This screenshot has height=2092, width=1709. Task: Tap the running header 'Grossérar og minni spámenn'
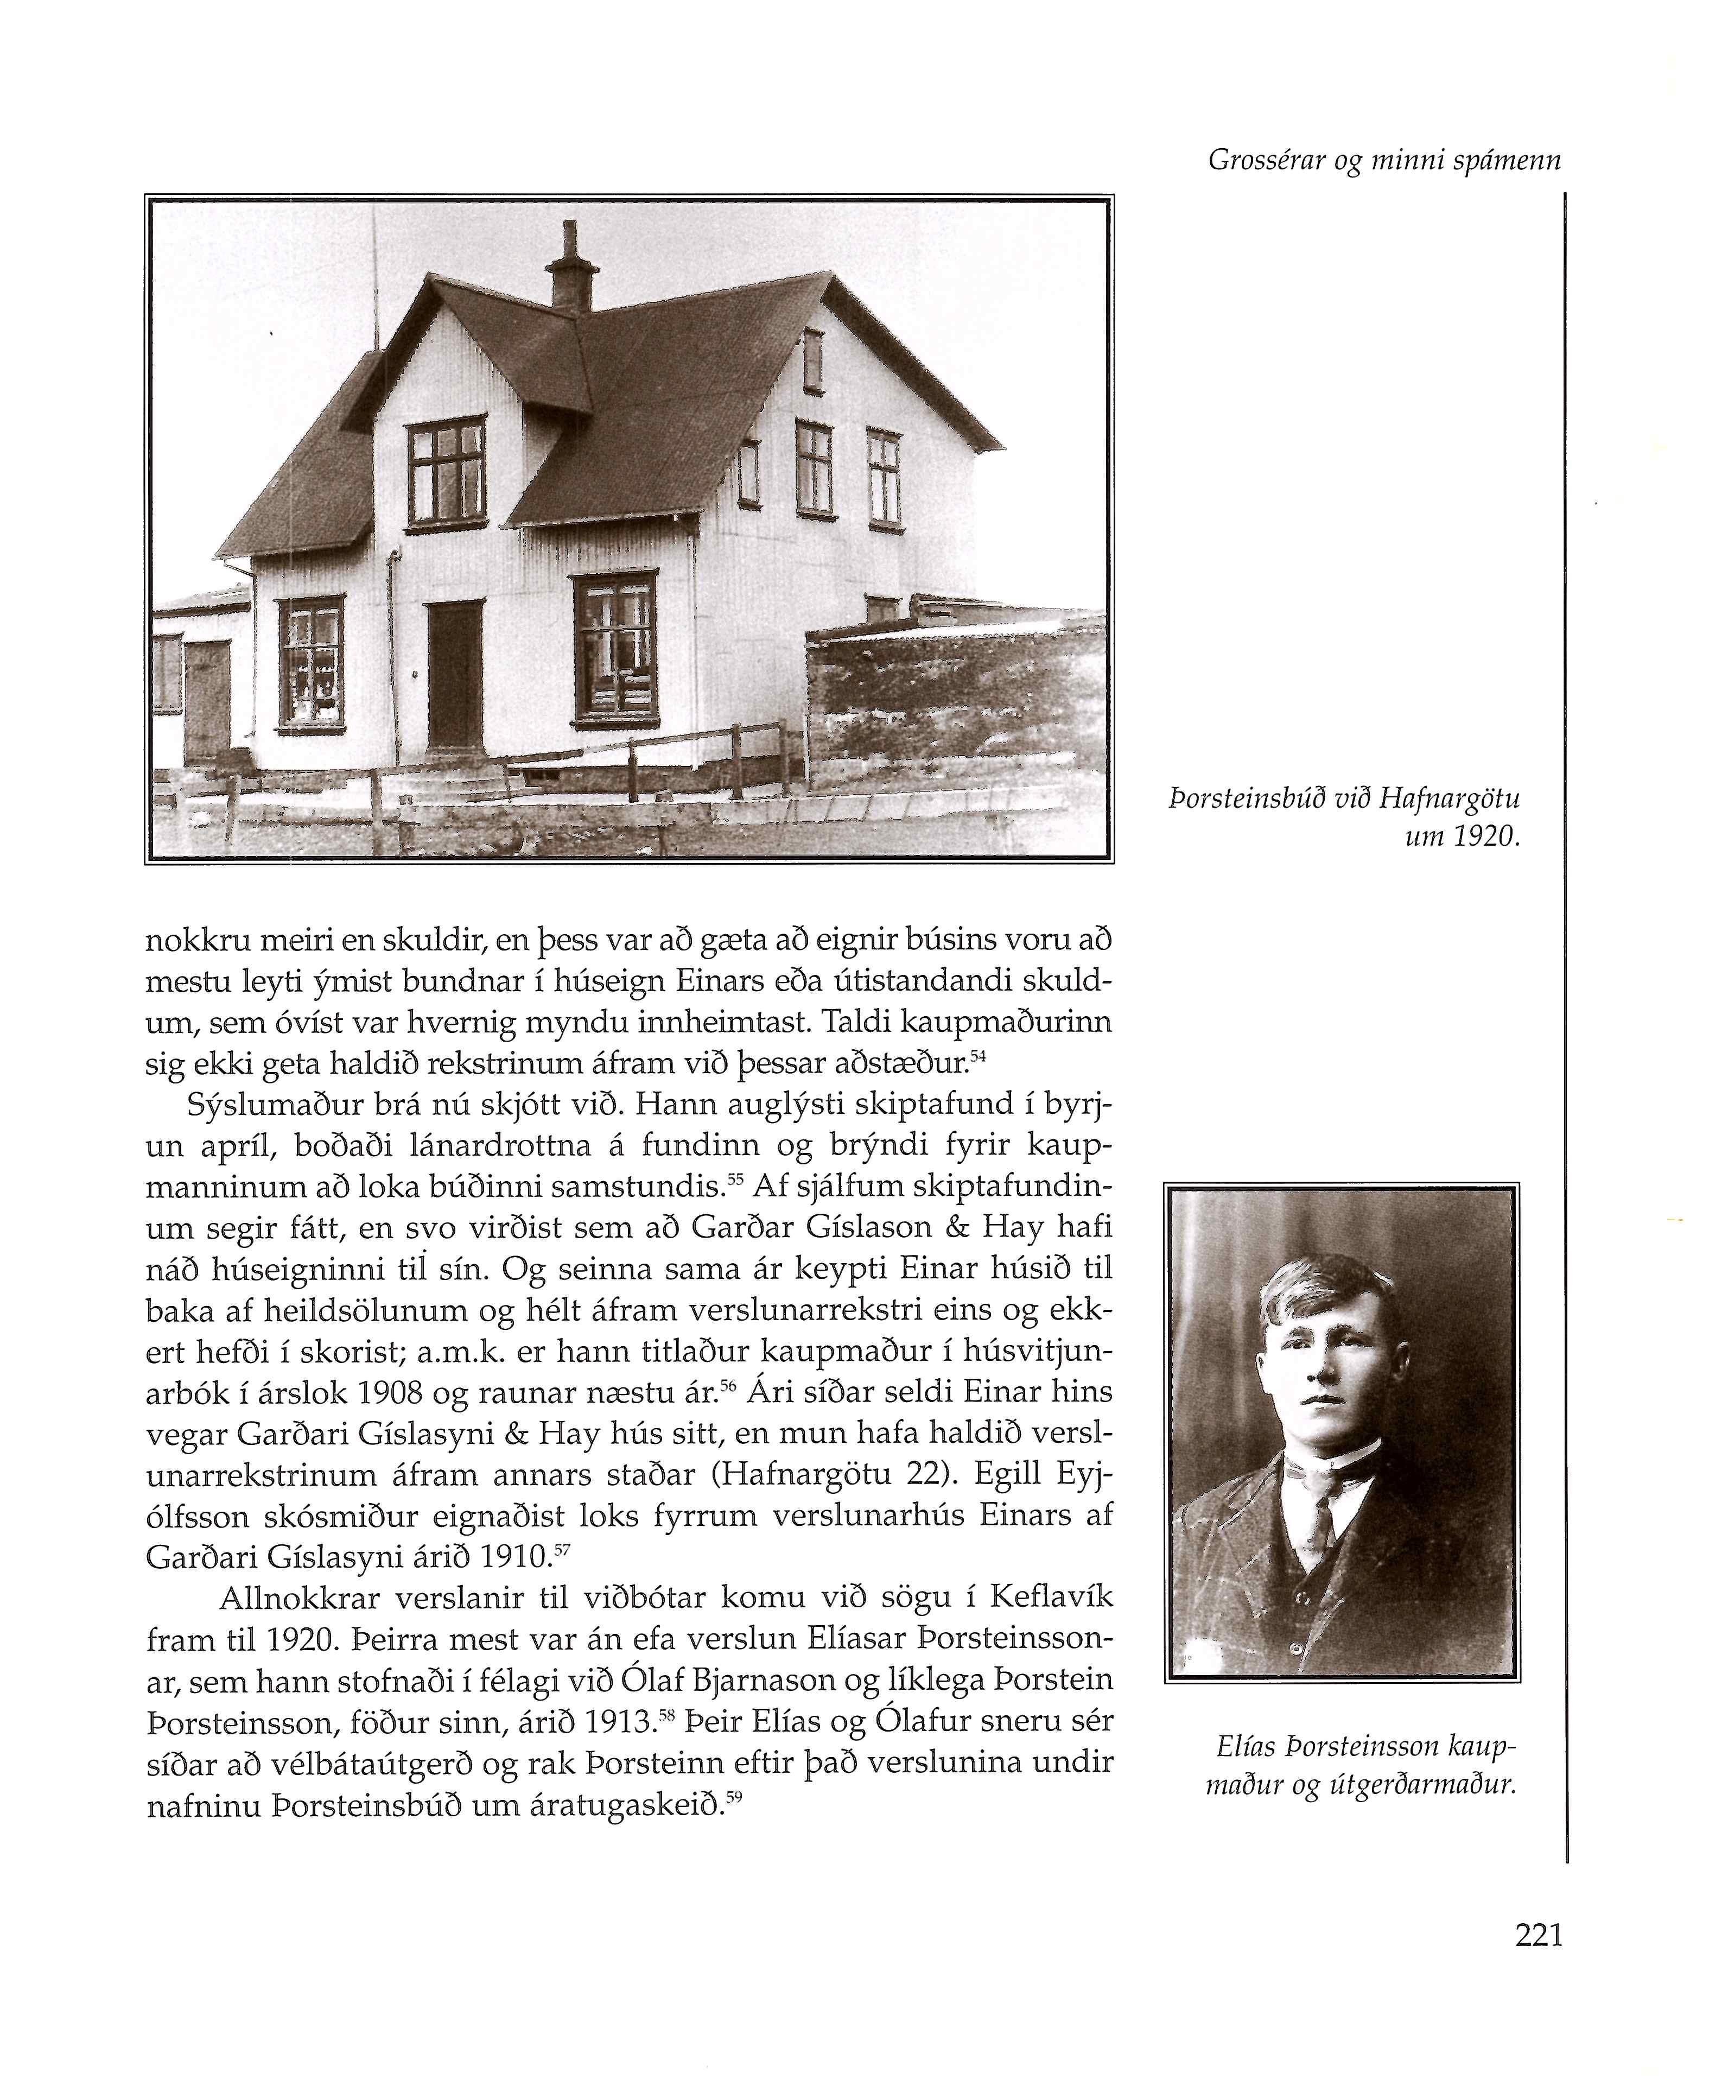(1383, 161)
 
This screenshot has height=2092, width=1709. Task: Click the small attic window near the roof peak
(812, 362)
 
